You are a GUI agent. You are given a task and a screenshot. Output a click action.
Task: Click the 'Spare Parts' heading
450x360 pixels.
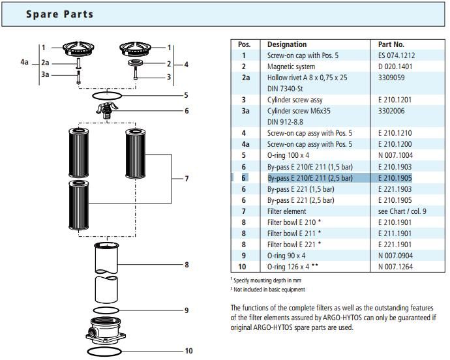tap(60, 14)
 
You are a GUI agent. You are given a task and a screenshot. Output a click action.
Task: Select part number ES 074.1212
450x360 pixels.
tap(397, 55)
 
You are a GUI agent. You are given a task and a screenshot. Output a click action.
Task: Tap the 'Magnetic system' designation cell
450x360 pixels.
tap(291, 67)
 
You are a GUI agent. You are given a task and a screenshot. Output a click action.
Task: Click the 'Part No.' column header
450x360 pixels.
tap(391, 44)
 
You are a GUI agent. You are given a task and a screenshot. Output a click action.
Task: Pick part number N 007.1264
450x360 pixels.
tap(395, 267)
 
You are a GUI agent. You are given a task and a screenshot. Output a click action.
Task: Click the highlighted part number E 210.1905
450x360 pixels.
tap(395, 178)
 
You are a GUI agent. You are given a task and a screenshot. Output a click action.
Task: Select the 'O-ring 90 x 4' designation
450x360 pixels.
tap(286, 256)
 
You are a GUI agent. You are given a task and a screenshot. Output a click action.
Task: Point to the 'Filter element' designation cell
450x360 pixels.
tap(286, 211)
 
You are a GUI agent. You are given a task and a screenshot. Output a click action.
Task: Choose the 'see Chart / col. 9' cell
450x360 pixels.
tap(402, 211)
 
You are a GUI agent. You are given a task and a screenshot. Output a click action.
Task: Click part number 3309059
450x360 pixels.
tap(391, 78)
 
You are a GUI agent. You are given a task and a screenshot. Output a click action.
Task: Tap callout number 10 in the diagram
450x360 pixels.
tap(188, 351)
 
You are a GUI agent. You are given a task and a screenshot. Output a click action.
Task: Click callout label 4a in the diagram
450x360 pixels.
tap(24, 62)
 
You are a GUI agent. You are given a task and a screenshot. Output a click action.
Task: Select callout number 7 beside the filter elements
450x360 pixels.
tap(187, 179)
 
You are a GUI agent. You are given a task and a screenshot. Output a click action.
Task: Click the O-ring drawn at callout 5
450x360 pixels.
tap(107, 93)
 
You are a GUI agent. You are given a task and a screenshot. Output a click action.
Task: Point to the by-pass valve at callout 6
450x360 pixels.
tap(107, 110)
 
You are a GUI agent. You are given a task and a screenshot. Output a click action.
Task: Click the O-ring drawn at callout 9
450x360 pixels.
tap(106, 307)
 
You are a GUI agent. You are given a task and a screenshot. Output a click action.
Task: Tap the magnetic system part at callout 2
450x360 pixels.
tap(135, 63)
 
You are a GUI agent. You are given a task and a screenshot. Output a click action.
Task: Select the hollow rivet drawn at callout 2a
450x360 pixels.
tap(79, 63)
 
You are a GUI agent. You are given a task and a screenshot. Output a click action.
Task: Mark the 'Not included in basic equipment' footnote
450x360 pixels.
tap(268, 290)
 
